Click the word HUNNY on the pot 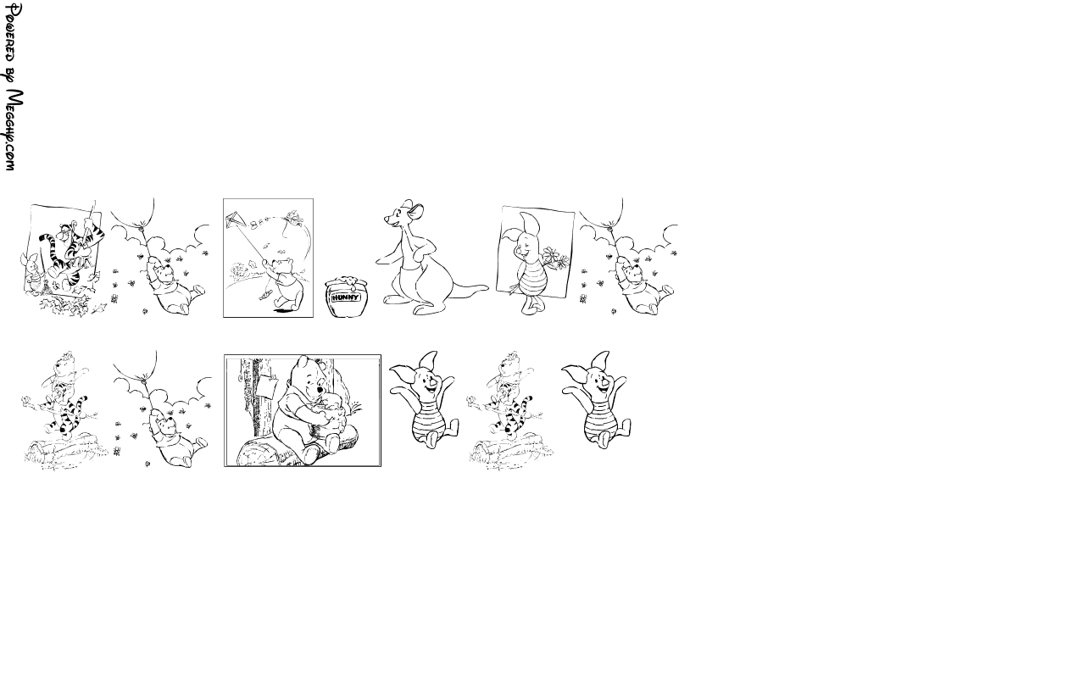[347, 297]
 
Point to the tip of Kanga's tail [487, 287]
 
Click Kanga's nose [387, 219]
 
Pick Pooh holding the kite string [286, 284]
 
